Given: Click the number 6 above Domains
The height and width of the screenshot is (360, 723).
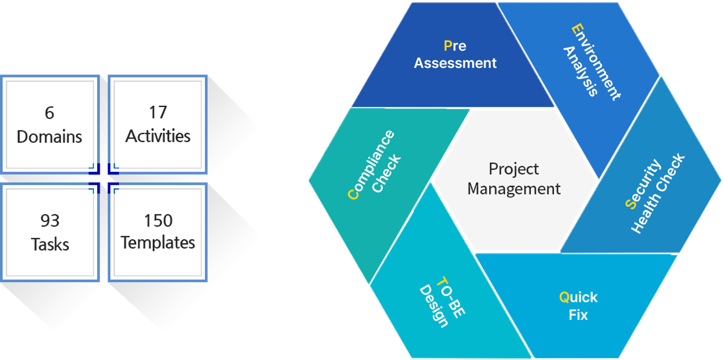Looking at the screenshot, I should [49, 113].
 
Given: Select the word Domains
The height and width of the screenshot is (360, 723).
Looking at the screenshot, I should [49, 137].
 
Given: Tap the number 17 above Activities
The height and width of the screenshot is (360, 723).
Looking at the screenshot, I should [158, 112].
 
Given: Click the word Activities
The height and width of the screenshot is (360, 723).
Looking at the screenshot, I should [158, 136].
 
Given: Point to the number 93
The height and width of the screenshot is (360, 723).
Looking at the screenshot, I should [50, 221].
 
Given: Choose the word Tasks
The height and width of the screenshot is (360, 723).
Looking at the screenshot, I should [50, 245].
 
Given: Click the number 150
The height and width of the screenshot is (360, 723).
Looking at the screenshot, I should [158, 220].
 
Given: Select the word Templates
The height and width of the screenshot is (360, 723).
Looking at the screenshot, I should [158, 243].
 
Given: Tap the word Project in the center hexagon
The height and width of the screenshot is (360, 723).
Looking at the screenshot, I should [514, 169].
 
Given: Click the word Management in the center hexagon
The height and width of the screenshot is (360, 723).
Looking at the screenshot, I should [514, 189].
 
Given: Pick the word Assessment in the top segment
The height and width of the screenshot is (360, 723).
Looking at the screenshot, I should [455, 63].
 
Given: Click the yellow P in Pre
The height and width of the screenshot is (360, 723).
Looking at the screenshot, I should [448, 45].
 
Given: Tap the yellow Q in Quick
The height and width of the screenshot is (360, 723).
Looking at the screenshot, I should [564, 297].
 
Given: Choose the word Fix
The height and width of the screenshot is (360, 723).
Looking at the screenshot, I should [578, 315].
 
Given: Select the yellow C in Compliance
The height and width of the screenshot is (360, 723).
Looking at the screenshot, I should [353, 194].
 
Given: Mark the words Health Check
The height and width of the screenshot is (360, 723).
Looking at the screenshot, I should [657, 193].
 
